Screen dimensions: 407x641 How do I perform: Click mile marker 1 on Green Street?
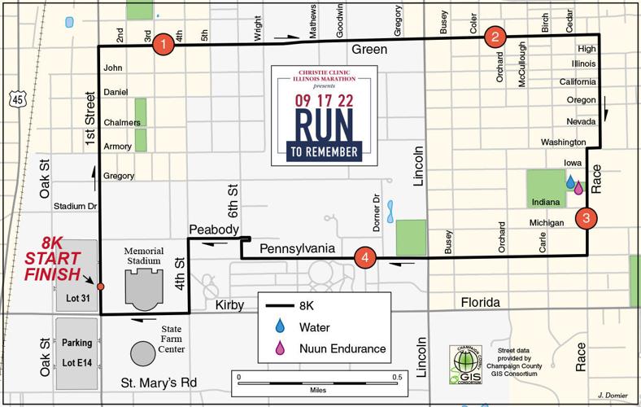(164, 44)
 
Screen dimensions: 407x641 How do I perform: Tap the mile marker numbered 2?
(495, 36)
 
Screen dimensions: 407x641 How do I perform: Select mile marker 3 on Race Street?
(586, 218)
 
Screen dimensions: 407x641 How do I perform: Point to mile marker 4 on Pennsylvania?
(366, 259)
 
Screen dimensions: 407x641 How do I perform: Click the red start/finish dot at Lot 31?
(100, 287)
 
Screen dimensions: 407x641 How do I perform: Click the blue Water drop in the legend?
(281, 326)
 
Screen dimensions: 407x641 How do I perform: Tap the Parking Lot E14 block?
(77, 353)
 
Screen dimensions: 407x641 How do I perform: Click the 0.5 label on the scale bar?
(397, 377)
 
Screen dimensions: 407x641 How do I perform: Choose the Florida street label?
(481, 303)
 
